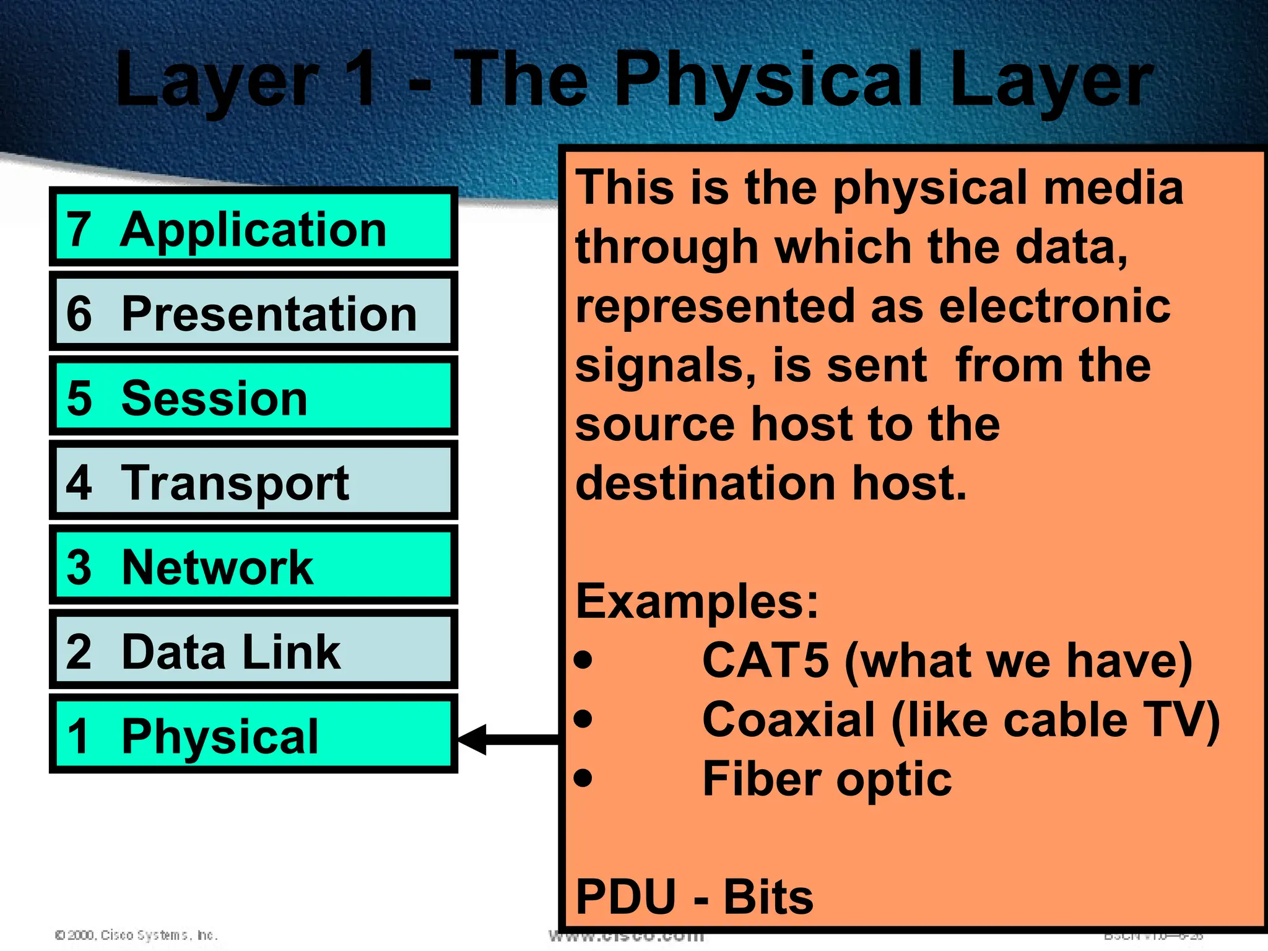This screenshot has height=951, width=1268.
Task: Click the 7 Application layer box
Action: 253,227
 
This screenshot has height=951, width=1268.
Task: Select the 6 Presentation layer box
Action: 253,311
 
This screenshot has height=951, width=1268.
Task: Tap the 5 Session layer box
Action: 253,396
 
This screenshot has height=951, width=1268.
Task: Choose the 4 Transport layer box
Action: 253,481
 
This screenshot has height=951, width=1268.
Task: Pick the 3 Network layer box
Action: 253,565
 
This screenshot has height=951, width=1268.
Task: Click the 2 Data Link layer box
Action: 253,650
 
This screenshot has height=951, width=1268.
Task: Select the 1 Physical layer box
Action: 253,734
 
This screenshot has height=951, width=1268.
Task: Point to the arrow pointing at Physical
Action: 508,739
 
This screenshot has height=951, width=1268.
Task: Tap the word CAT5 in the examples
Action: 765,660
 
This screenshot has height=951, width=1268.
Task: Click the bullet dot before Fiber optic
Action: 583,778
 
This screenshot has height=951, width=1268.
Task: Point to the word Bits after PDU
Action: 768,897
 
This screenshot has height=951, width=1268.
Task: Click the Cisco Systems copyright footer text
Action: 136,935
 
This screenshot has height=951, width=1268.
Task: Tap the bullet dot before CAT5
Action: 583,660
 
